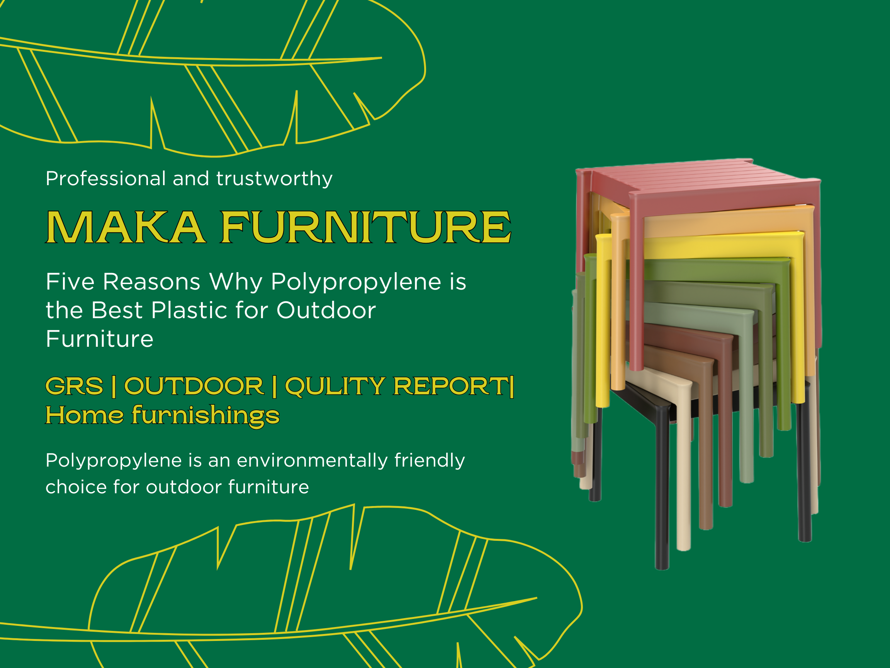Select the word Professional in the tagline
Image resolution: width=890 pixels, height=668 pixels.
pyautogui.click(x=105, y=178)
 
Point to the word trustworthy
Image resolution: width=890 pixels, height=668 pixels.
pyautogui.click(x=274, y=178)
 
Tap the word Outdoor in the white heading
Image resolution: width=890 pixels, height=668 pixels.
pyautogui.click(x=326, y=310)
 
